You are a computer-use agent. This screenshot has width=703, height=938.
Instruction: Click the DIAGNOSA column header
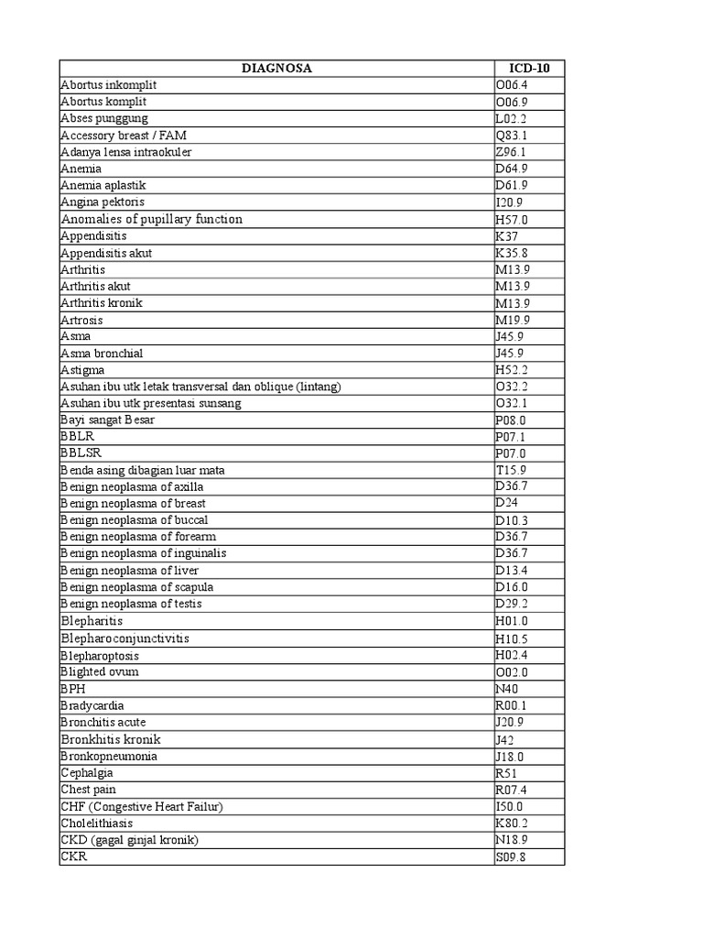coord(276,68)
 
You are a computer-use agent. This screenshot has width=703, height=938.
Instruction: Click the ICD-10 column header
coord(528,68)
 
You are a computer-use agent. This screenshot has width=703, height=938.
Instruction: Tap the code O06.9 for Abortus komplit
coord(512,102)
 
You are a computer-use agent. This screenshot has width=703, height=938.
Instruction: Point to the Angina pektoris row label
coord(103,202)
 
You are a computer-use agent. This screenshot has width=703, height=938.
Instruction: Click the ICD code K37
coord(507,235)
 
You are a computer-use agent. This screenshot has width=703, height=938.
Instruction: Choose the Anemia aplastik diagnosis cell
coord(103,185)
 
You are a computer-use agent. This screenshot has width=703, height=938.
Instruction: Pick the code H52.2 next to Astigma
coord(512,370)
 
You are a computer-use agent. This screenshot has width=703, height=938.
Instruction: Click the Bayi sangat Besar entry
coord(108,420)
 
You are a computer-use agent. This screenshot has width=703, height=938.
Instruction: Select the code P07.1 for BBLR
coord(511,437)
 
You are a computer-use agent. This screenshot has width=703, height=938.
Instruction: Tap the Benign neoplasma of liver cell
coord(130,571)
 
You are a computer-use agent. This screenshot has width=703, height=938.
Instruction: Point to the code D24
coord(507,504)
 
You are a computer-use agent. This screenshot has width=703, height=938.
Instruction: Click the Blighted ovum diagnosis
coord(100,671)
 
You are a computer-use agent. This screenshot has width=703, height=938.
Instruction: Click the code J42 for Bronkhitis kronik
coord(504,739)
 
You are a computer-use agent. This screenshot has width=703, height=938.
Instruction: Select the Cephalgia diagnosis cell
coord(88,773)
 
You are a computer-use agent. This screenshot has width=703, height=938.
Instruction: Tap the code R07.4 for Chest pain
coord(512,790)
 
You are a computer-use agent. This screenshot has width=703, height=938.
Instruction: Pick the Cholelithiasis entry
coord(97,823)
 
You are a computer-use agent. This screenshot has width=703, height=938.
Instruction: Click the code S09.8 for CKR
coord(512,857)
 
